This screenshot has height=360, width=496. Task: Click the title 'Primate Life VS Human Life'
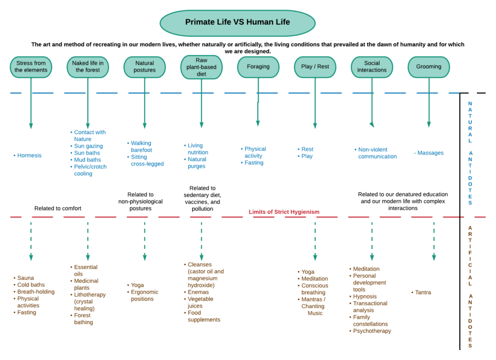(237, 22)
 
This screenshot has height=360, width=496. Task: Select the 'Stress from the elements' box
(31, 67)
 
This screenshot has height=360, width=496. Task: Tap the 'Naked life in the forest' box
(88, 67)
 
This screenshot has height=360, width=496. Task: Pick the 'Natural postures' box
(144, 67)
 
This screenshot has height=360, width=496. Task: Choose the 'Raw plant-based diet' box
(201, 67)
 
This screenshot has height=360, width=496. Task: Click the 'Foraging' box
(258, 67)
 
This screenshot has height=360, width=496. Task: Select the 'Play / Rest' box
(315, 67)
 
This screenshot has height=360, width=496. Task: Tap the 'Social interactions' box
(372, 67)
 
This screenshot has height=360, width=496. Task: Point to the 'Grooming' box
(429, 67)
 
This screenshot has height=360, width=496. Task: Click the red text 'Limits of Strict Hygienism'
(284, 212)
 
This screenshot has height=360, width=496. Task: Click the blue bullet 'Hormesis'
(29, 156)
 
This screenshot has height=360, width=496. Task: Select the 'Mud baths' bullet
(87, 160)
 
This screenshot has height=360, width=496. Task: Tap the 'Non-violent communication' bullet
(377, 153)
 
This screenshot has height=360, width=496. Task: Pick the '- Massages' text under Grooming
(429, 153)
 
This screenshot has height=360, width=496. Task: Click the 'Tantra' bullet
(423, 293)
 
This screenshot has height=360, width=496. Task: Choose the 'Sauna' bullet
(26, 278)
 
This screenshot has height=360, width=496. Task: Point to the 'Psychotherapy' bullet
(372, 331)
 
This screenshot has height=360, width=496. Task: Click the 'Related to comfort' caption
(58, 209)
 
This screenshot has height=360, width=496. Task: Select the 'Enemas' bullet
(198, 292)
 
